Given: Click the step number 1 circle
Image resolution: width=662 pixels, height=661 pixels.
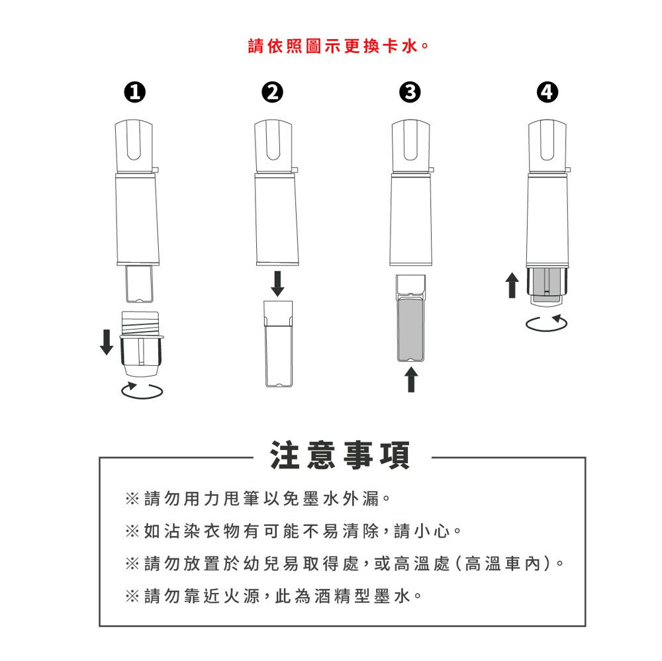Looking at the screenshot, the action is coord(134,93).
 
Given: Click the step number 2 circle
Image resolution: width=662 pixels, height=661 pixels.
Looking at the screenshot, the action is coord(272,93).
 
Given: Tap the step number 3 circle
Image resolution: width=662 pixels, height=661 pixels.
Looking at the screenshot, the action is coord(410,93).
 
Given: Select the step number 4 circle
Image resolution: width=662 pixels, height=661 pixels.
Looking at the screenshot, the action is coord(547,93).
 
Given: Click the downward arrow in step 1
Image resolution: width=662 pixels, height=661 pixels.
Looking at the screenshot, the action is coord(107,342).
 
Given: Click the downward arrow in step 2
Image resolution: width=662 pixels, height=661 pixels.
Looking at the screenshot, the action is coord(277,284).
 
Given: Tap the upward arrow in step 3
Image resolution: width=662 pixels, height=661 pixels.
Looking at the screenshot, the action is coord(411,380).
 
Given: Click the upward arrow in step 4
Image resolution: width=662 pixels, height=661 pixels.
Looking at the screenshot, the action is coord(512,285).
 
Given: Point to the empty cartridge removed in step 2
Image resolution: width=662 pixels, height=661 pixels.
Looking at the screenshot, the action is coord(278,343).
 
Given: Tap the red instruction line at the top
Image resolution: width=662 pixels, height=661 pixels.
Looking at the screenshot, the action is coord(338,46).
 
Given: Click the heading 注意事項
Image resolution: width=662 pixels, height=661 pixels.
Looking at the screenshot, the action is coord(340,455).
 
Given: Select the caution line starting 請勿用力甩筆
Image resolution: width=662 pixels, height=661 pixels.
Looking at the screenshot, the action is coord(258,499).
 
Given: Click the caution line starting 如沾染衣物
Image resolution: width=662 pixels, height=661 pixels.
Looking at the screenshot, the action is coord(293,531).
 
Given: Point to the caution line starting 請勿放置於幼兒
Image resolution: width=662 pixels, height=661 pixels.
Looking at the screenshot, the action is coord(344,564).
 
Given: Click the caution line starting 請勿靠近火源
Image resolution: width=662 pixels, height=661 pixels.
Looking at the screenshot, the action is coord(273,596).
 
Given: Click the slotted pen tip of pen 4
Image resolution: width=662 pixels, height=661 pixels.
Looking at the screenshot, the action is coord(547,146).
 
